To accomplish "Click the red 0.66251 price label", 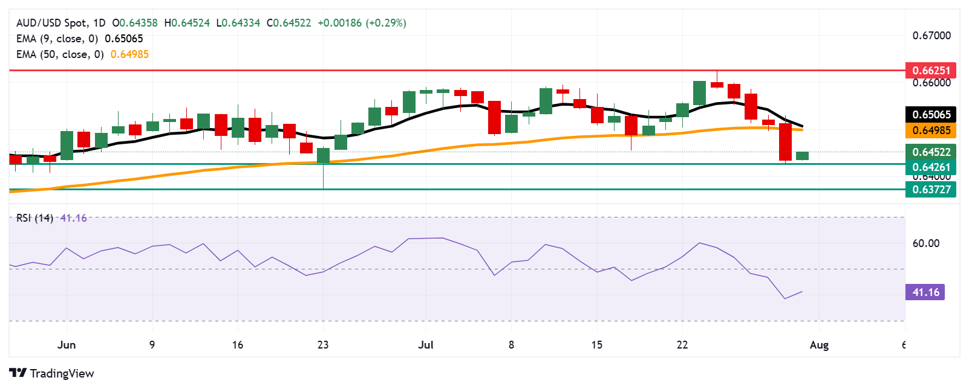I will click(931, 70).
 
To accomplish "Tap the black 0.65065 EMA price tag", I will click(931, 114).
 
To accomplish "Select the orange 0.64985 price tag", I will click(931, 130).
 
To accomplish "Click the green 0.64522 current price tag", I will click(931, 152).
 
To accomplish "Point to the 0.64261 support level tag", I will click(931, 167).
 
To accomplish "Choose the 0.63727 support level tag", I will click(931, 189).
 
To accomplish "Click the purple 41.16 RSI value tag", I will click(925, 292).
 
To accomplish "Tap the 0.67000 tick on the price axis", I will click(931, 36).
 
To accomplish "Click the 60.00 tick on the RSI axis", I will click(925, 243).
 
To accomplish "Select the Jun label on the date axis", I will click(67, 345).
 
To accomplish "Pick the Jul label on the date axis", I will click(426, 345).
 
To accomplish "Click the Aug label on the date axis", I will click(819, 345).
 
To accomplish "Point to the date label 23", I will click(323, 345).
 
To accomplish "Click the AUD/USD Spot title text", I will click(51, 23).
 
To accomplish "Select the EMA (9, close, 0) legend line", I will click(57, 39).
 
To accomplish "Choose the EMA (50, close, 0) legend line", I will click(60, 54).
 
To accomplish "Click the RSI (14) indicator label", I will click(34, 218).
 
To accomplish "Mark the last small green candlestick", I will click(802, 156).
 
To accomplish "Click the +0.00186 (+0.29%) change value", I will click(362, 23).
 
